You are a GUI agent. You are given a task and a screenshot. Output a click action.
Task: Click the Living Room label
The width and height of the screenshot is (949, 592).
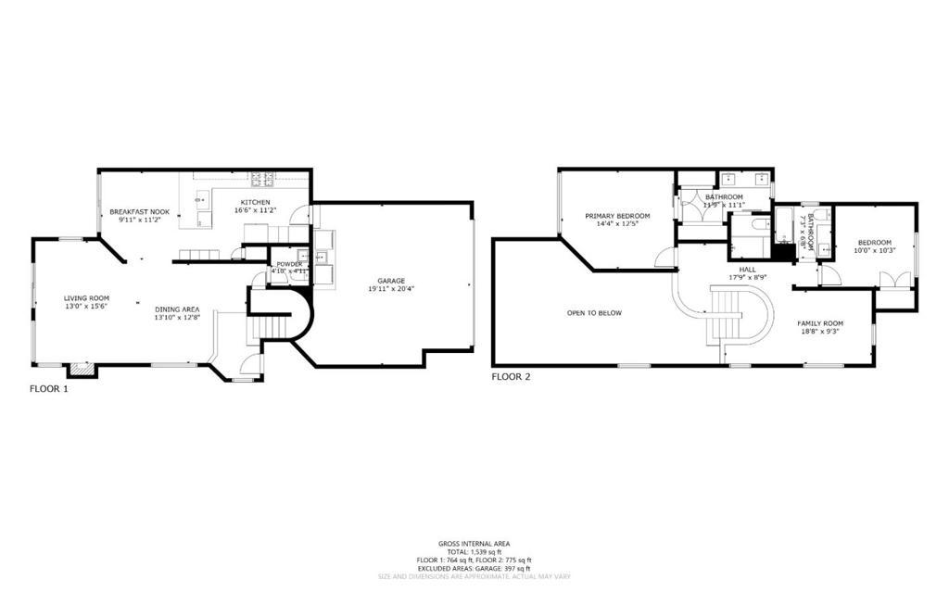(86, 298)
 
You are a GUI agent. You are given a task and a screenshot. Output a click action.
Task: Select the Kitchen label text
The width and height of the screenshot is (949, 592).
(256, 202)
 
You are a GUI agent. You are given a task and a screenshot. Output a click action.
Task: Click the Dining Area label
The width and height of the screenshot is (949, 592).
(177, 309)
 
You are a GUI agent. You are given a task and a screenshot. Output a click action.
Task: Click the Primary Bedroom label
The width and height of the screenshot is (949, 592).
(616, 216)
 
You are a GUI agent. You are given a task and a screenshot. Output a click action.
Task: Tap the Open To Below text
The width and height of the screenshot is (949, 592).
(594, 313)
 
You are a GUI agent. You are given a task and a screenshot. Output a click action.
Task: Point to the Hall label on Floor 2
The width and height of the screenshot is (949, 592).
(748, 268)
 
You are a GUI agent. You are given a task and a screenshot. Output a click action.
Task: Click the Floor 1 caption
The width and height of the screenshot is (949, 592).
(49, 390)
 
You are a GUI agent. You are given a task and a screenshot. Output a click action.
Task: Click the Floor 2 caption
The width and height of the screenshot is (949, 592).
(511, 377)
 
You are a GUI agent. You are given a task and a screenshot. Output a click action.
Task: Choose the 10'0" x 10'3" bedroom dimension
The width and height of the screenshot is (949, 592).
(872, 251)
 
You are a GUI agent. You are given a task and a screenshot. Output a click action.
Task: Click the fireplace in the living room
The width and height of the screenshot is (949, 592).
(82, 370)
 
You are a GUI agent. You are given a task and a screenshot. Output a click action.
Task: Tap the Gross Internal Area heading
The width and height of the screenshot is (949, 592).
(474, 544)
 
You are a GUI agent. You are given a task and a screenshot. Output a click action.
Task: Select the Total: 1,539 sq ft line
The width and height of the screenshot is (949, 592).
(474, 552)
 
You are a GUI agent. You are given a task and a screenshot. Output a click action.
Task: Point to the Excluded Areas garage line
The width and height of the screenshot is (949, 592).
(474, 568)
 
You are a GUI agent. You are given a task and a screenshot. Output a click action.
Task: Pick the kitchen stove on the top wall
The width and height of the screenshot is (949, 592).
(261, 177)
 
